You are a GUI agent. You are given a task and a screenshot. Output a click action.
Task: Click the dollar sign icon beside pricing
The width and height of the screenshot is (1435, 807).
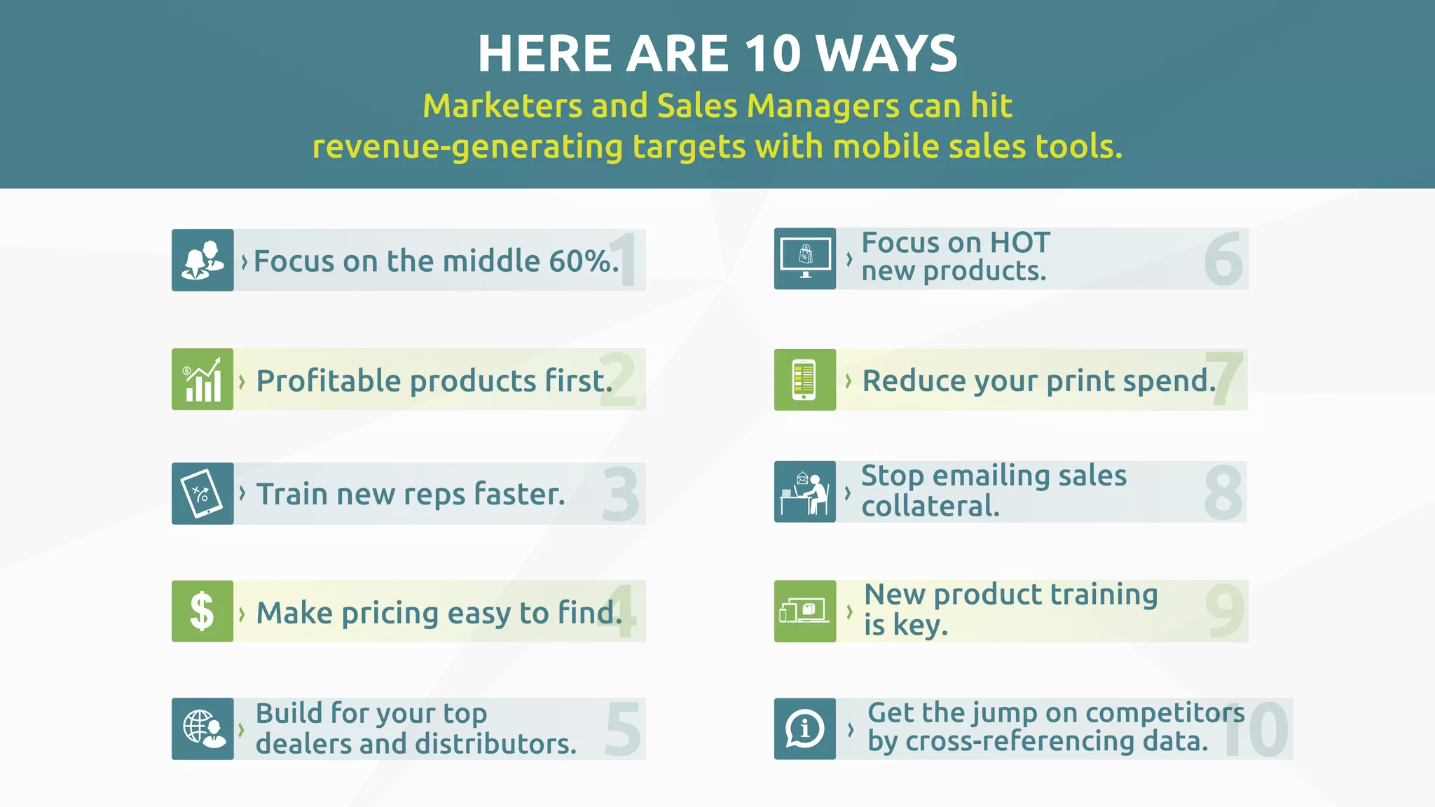point(202,611)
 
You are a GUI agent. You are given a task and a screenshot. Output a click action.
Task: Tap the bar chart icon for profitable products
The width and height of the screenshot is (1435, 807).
point(202,379)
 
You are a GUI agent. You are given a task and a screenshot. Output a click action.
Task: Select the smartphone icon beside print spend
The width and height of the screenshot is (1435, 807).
point(804,380)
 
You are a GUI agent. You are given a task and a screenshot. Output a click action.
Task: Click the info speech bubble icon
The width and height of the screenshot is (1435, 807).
point(804,729)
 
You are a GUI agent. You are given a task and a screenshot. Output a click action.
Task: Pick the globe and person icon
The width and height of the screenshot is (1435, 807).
point(203,729)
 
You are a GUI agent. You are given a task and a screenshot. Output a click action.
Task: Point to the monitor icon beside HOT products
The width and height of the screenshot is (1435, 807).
point(805,258)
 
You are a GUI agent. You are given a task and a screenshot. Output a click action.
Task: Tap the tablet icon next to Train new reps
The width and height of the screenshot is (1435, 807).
point(202,493)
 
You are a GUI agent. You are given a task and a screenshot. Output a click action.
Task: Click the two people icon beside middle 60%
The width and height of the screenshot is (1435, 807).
point(202,260)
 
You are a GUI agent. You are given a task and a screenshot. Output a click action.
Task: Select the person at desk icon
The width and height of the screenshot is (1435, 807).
point(805,492)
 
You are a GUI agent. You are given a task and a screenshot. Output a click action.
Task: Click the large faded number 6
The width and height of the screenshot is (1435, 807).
point(1223,259)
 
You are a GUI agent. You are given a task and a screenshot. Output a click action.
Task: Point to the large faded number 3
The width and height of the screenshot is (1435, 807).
point(621,495)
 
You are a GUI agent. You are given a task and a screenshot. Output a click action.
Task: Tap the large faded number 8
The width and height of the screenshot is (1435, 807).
point(1223,492)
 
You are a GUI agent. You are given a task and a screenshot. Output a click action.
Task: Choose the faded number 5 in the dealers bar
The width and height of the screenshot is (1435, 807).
point(623,729)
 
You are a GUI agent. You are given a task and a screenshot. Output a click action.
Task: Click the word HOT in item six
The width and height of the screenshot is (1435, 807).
point(1019,243)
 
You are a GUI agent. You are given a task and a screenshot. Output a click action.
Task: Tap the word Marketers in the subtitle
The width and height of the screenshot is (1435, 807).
point(501,106)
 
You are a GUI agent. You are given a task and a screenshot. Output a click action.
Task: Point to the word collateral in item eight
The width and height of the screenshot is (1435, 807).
point(930,506)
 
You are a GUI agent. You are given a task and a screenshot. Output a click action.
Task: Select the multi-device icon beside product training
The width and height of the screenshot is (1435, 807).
point(804,611)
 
